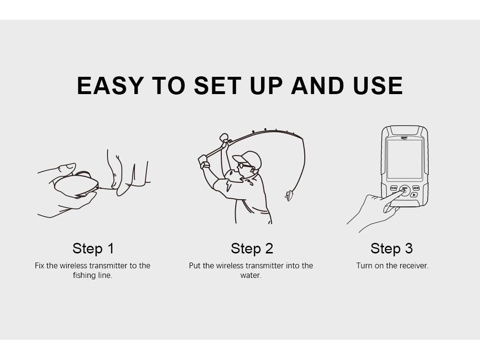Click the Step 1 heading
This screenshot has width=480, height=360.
(93, 248)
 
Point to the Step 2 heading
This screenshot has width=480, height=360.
(252, 248)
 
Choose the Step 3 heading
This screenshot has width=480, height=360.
(392, 248)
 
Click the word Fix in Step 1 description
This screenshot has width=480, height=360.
(39, 266)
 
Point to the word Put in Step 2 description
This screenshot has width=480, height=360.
(194, 266)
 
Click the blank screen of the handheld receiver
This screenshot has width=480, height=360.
(404, 159)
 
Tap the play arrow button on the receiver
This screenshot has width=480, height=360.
(414, 195)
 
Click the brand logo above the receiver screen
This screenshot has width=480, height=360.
(404, 138)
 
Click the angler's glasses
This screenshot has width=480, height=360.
(244, 166)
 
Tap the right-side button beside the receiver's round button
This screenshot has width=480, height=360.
(416, 188)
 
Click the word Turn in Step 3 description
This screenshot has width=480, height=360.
(364, 266)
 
